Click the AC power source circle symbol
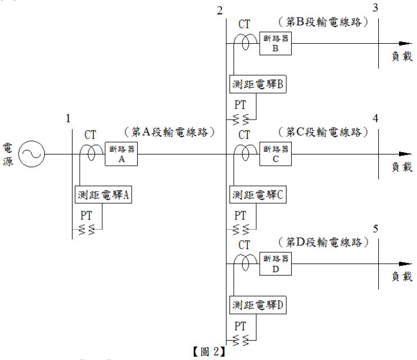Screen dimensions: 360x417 [31, 153]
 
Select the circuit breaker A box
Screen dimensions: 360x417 [121, 153]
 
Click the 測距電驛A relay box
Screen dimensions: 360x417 [103, 195]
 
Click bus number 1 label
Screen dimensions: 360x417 [68, 119]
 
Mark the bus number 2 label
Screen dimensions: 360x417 [220, 10]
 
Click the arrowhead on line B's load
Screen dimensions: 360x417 [403, 43]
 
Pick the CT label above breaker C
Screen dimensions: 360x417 [244, 135]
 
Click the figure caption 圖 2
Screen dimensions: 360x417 [209, 353]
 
